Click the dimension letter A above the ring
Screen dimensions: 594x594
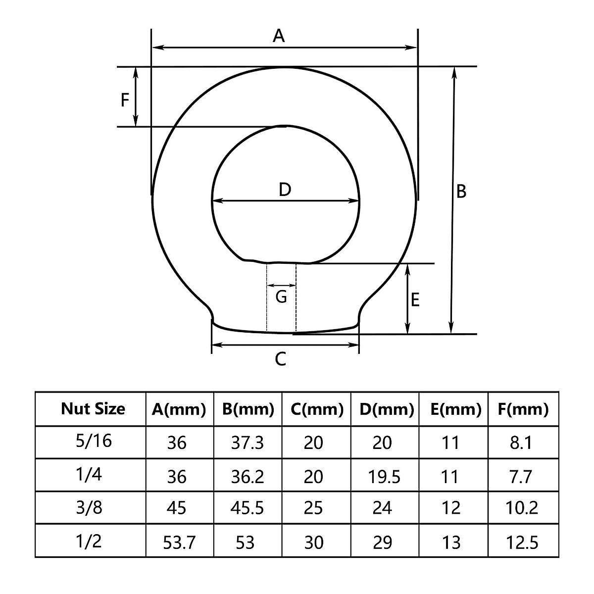pyautogui.click(x=279, y=36)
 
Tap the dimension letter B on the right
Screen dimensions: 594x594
pyautogui.click(x=461, y=191)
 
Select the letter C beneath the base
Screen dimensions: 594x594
pyautogui.click(x=280, y=359)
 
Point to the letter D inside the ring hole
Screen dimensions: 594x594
pyautogui.click(x=285, y=190)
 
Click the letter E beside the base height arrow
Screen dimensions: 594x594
pyautogui.click(x=415, y=299)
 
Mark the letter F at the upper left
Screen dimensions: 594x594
pyautogui.click(x=125, y=100)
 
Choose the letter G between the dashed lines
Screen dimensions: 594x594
pyautogui.click(x=281, y=297)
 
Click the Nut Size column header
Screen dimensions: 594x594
pyautogui.click(x=93, y=409)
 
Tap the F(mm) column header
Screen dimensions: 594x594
pyautogui.click(x=524, y=409)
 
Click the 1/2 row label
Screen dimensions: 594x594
pyautogui.click(x=90, y=541)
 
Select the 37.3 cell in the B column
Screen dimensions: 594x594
pyautogui.click(x=247, y=443)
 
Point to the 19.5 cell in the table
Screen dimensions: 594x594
pyautogui.click(x=384, y=477)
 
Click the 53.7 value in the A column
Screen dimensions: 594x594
pyautogui.click(x=179, y=543)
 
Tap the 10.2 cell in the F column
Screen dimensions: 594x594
pyautogui.click(x=522, y=508)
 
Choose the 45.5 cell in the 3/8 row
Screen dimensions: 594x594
pyautogui.click(x=247, y=508)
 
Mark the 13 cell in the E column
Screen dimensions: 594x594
pyautogui.click(x=451, y=543)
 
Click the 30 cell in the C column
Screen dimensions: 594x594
pyautogui.click(x=313, y=543)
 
